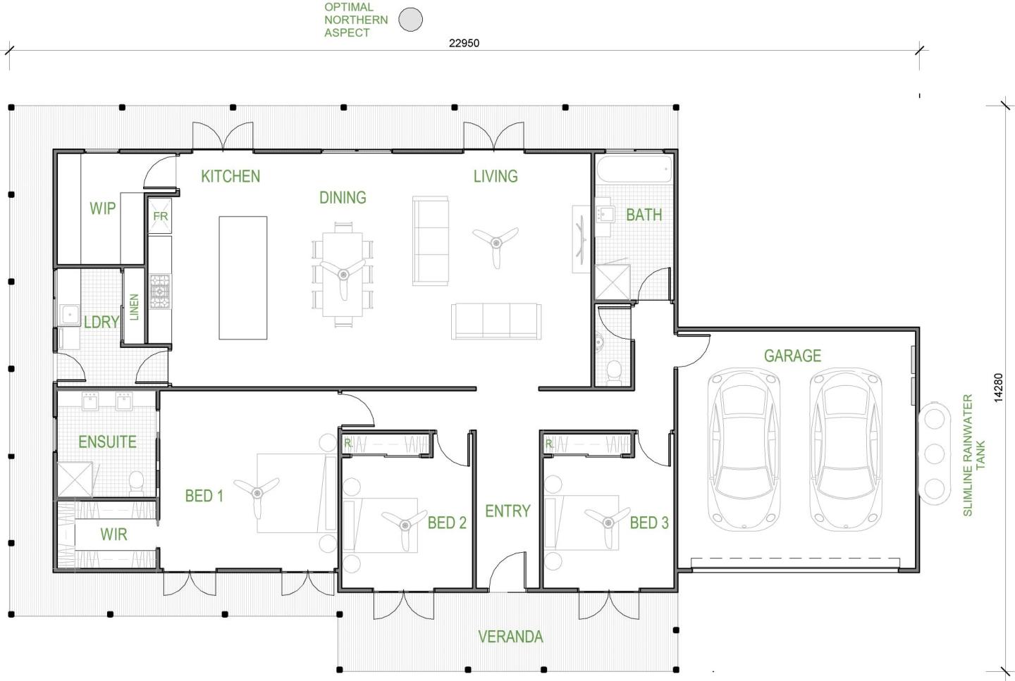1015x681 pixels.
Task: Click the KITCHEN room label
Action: pyautogui.click(x=230, y=176)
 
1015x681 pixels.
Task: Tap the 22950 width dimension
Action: pyautogui.click(x=464, y=43)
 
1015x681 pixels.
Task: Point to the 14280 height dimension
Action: pyautogui.click(x=998, y=387)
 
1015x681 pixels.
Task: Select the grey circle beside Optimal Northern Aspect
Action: pyautogui.click(x=410, y=20)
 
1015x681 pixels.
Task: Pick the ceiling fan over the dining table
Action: pyautogui.click(x=343, y=275)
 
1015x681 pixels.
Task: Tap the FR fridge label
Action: pyautogui.click(x=161, y=216)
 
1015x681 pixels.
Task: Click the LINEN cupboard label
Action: pyautogui.click(x=134, y=307)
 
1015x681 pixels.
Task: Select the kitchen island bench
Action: pyautogui.click(x=243, y=277)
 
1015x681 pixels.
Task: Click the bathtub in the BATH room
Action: pyautogui.click(x=634, y=169)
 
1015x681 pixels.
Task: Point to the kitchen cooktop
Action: pyautogui.click(x=161, y=292)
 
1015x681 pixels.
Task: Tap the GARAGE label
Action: pyautogui.click(x=792, y=356)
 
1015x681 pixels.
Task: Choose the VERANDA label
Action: pyautogui.click(x=510, y=637)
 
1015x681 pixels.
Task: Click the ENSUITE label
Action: pyautogui.click(x=107, y=442)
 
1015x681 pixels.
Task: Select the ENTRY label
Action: pyautogui.click(x=508, y=511)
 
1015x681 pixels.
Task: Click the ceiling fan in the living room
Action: pyautogui.click(x=496, y=243)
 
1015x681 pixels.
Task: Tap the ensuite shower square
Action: pyautogui.click(x=74, y=479)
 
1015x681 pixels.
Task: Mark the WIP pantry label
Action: pyautogui.click(x=102, y=208)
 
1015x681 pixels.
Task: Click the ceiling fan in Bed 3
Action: pyautogui.click(x=608, y=523)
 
